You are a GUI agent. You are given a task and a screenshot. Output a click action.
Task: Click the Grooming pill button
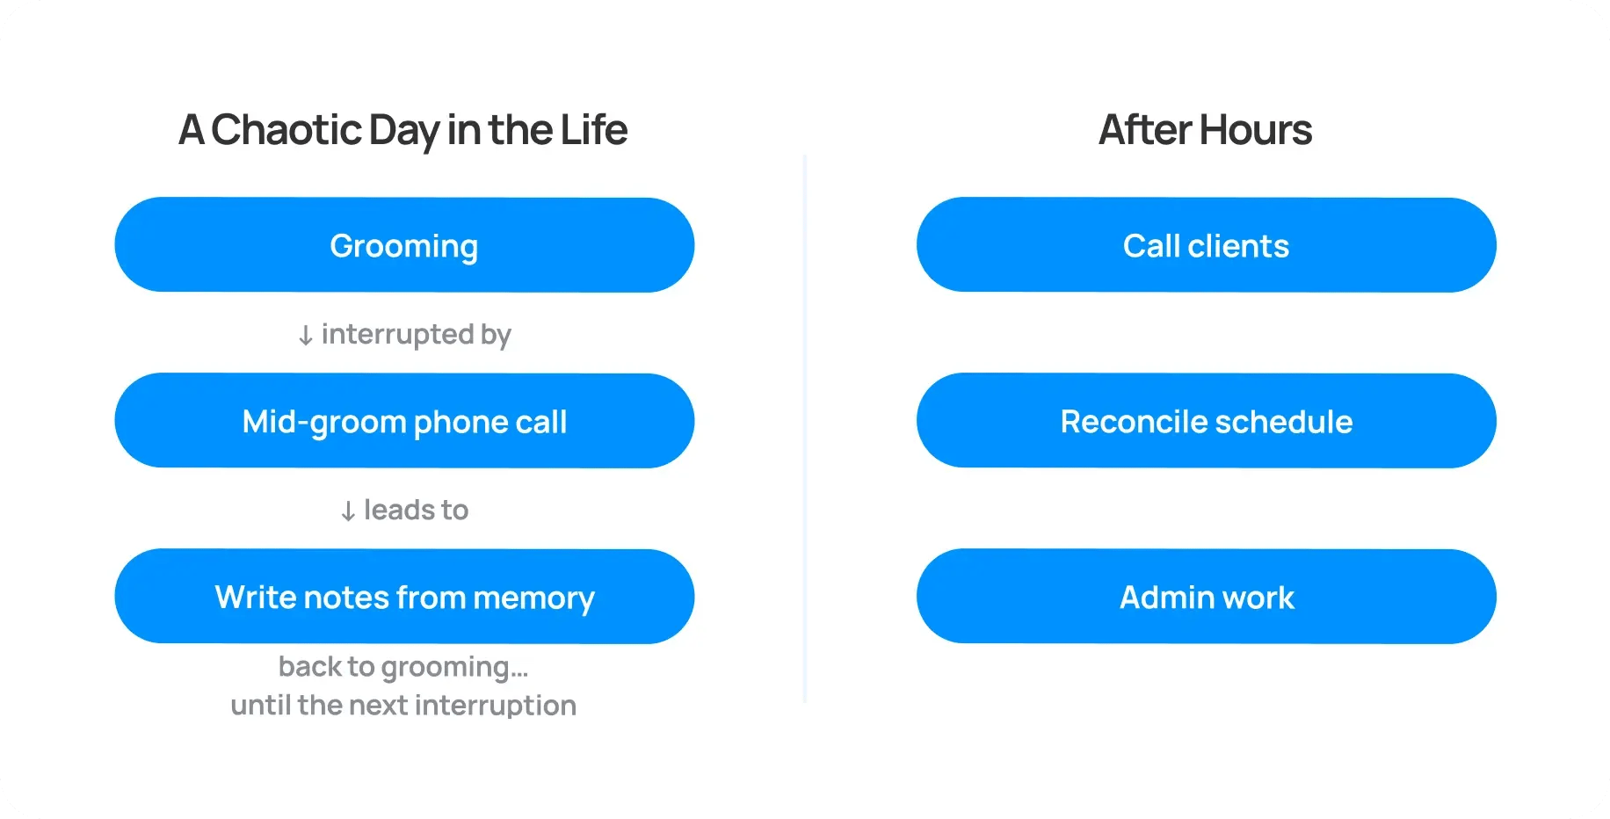[x=404, y=245]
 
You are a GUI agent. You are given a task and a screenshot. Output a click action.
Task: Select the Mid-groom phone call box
[x=404, y=421]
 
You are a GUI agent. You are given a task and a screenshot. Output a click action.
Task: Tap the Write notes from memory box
[x=404, y=597]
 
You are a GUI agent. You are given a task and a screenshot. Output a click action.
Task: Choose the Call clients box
[x=1206, y=245]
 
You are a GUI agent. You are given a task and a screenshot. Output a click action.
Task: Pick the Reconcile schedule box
[x=1206, y=421]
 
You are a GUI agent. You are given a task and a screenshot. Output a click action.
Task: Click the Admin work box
[x=1206, y=597]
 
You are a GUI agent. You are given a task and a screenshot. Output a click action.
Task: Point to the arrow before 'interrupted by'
[x=305, y=336]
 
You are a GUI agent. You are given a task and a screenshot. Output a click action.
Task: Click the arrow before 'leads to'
[x=348, y=511]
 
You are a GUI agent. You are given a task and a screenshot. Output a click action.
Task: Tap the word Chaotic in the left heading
[x=286, y=130]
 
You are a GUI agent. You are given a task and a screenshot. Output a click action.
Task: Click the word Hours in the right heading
[x=1256, y=130]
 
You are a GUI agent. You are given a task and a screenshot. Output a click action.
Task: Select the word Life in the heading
[x=594, y=130]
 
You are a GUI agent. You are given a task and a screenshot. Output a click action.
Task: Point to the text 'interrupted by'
[x=417, y=335]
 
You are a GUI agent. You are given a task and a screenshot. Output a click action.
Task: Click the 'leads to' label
[x=417, y=510]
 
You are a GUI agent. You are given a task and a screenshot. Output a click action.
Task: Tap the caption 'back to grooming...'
[x=403, y=667]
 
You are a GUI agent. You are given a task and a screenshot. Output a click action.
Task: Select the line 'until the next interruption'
[x=403, y=705]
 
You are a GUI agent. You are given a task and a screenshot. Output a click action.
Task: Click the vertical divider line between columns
[x=805, y=429]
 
